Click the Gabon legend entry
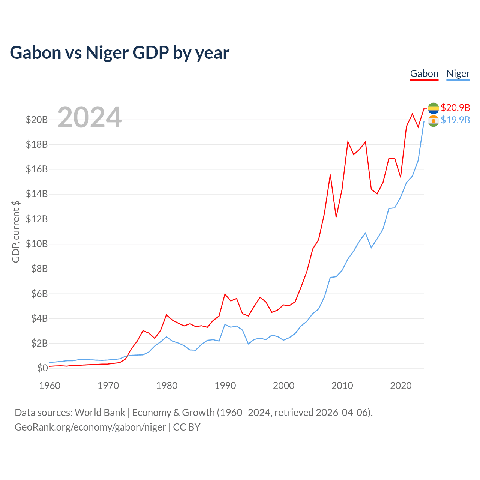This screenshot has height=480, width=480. tap(424, 73)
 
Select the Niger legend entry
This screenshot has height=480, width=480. tap(458, 73)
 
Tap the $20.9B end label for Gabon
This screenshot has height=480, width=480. tap(455, 108)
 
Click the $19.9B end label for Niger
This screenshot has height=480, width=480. tap(455, 120)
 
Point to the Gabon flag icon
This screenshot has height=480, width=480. tap(433, 108)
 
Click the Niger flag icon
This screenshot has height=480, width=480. tap(433, 121)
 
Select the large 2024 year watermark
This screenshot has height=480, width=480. tap(89, 117)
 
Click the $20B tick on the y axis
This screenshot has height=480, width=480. tap(37, 120)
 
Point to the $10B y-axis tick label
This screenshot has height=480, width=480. tap(37, 244)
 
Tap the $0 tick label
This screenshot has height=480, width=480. tap(42, 368)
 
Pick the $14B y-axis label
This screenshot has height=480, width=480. tap(37, 194)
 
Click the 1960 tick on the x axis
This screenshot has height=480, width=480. tap(50, 385)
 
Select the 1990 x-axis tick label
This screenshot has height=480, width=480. tap(225, 385)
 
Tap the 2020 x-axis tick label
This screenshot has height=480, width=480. tap(400, 385)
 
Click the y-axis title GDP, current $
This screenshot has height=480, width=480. tap(16, 231)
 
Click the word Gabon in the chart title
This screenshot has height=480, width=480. tap(35, 53)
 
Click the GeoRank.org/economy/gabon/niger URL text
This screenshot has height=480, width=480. tap(90, 427)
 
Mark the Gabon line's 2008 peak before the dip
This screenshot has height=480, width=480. tap(330, 175)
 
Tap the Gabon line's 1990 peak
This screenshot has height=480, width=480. tap(225, 294)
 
